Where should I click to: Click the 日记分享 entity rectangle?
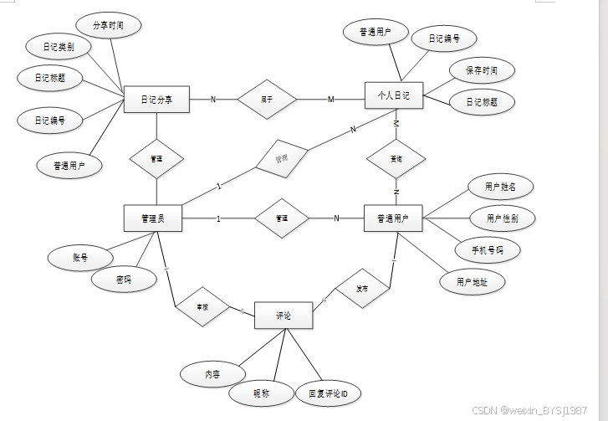pyautogui.click(x=156, y=100)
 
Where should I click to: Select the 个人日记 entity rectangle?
pyautogui.click(x=394, y=96)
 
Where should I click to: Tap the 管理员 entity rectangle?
pyautogui.click(x=152, y=218)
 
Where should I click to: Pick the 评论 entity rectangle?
pyautogui.click(x=284, y=316)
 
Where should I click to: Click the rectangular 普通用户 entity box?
pyautogui.click(x=394, y=218)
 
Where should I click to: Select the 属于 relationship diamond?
pyautogui.click(x=267, y=100)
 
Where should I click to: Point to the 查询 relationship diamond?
pyautogui.click(x=396, y=158)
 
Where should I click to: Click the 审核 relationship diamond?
pyautogui.click(x=202, y=308)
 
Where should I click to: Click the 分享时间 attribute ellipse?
pyautogui.click(x=108, y=26)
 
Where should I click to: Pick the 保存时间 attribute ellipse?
pyautogui.click(x=481, y=70)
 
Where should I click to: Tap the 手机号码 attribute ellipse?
pyautogui.click(x=488, y=249)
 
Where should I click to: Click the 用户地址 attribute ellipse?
pyautogui.click(x=473, y=282)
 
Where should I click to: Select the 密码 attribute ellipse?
pyautogui.click(x=124, y=279)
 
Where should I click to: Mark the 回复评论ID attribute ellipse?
pyautogui.click(x=328, y=393)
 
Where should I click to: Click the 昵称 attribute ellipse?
pyautogui.click(x=261, y=393)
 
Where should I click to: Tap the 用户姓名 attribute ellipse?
pyautogui.click(x=499, y=186)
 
